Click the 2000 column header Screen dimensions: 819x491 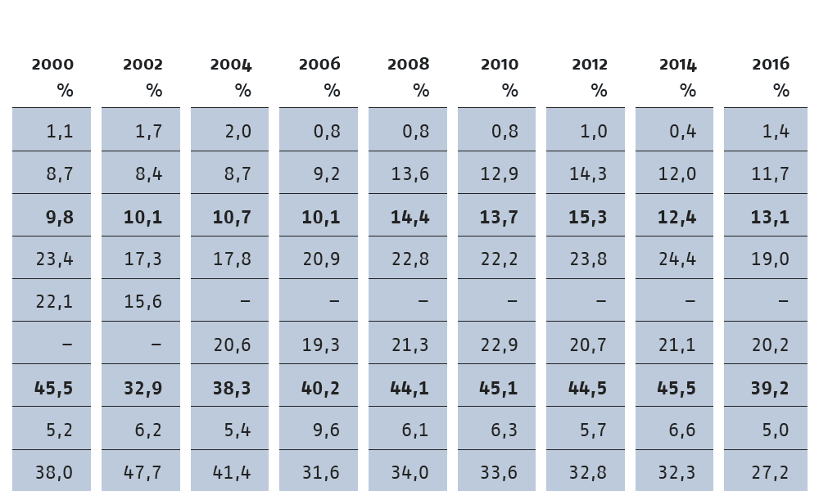point(52,64)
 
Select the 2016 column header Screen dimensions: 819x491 point(771,64)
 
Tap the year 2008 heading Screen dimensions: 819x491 point(408,64)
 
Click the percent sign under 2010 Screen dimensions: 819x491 point(509,91)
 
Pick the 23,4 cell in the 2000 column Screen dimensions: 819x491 point(54,259)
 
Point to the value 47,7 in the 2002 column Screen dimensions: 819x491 point(143,473)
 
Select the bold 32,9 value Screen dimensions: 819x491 point(143,388)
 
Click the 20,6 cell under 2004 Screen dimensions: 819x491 point(232,345)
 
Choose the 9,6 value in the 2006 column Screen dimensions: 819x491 point(327,430)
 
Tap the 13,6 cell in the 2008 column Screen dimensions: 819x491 point(410,173)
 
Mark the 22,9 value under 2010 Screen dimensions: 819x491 point(499,345)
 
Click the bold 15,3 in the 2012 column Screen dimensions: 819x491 point(587,217)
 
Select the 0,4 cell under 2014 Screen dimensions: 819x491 point(683,131)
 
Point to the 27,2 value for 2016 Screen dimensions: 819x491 point(770,473)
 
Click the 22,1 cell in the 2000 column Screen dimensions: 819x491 point(54,302)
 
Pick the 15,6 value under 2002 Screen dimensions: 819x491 point(143,302)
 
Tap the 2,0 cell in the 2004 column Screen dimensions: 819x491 point(238,131)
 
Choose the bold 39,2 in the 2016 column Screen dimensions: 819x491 point(770,388)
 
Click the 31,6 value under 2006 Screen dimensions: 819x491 point(321,473)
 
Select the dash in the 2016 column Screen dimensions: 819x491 point(783,301)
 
